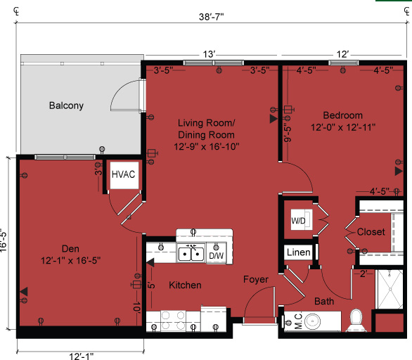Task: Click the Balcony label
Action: pyautogui.click(x=66, y=106)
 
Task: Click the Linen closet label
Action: pyautogui.click(x=299, y=252)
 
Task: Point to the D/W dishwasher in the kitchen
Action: pyautogui.click(x=216, y=256)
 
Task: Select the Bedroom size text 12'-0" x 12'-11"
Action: pyautogui.click(x=344, y=127)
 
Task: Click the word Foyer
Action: pyautogui.click(x=256, y=280)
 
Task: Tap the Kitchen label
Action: pyautogui.click(x=186, y=285)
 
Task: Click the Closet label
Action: pyautogui.click(x=371, y=231)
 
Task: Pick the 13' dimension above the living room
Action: pyautogui.click(x=209, y=54)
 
